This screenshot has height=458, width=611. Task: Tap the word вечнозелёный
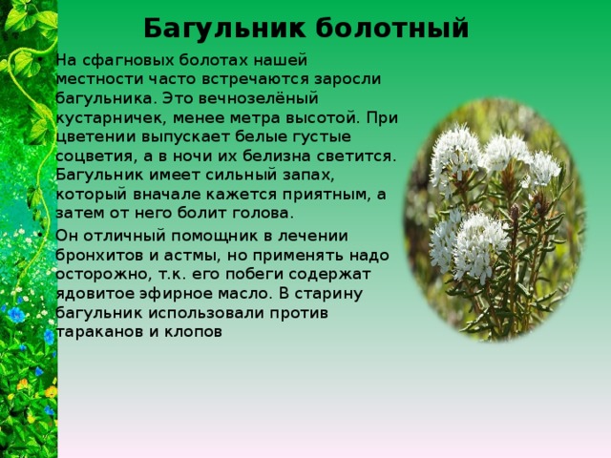(259, 98)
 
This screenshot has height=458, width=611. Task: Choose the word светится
(356, 156)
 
